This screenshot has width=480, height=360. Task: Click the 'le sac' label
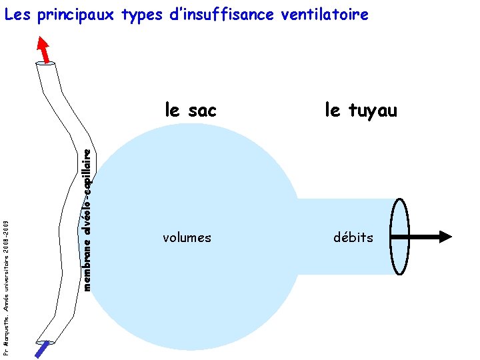[x=190, y=110]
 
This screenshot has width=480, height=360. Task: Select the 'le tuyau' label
[x=361, y=110]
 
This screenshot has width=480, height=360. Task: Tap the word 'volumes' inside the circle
[x=187, y=237]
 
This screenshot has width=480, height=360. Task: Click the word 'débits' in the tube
[x=353, y=237]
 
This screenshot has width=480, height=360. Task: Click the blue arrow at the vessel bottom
[x=43, y=349]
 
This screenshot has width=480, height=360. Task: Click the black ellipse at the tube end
[x=399, y=237]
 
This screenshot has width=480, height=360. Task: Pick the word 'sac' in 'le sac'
[x=202, y=110]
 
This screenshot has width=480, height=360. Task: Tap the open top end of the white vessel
[x=46, y=65]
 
